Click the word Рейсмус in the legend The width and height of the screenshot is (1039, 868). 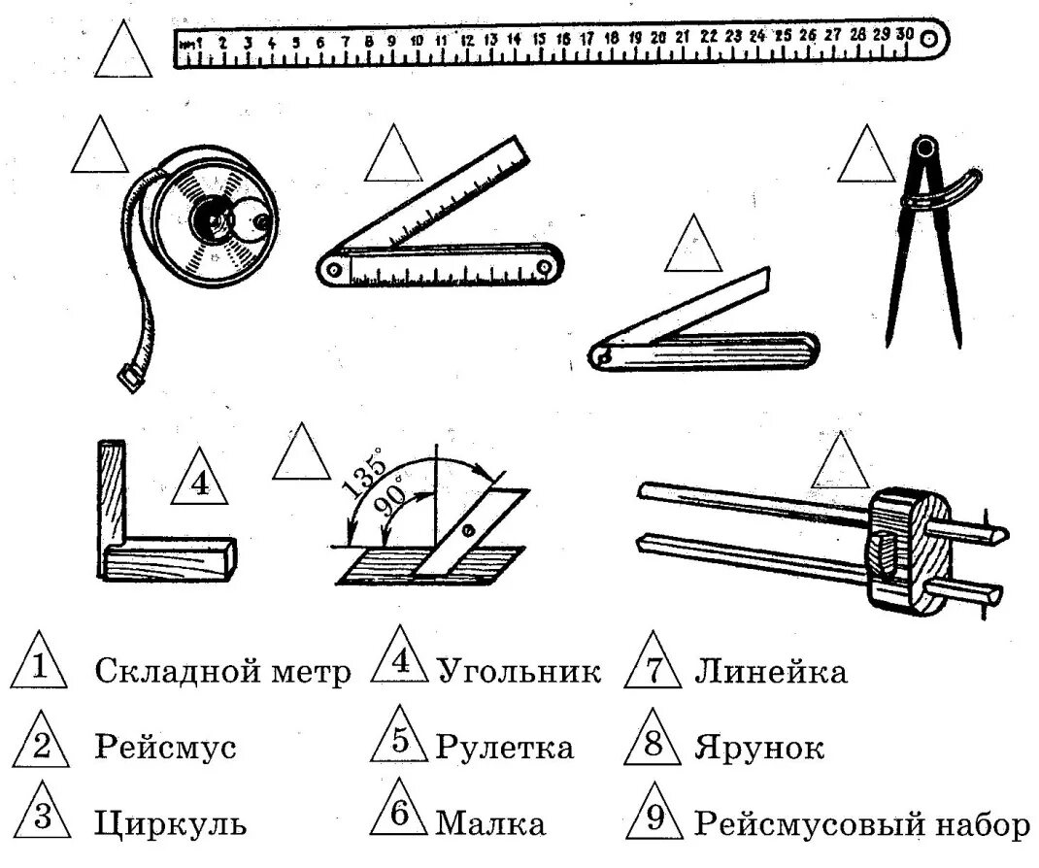[x=165, y=748]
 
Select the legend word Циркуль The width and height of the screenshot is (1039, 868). [x=170, y=824]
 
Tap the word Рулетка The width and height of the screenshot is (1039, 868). [x=504, y=748]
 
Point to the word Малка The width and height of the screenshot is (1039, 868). [x=489, y=824]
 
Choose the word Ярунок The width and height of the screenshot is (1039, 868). [x=759, y=748]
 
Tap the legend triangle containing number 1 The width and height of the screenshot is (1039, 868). [x=39, y=668]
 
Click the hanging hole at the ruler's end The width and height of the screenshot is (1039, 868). [x=929, y=40]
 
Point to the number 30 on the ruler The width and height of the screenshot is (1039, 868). [x=905, y=32]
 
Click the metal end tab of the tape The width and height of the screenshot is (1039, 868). [x=128, y=377]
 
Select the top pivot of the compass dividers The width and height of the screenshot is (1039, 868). [x=926, y=149]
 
